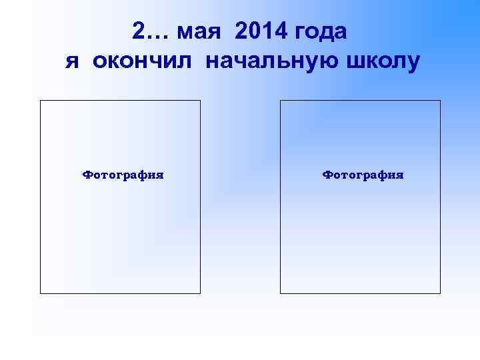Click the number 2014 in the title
tap(262, 31)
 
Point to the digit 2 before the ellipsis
tap(138, 31)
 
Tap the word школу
tap(381, 62)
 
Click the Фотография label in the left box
tap(123, 175)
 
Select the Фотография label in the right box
tap(363, 175)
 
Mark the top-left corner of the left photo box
tap(41, 101)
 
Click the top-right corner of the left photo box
tap(200, 101)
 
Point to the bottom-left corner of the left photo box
tap(41, 293)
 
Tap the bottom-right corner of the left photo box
tap(200, 293)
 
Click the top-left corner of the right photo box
tap(281, 101)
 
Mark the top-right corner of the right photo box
tap(440, 101)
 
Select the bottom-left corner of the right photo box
tap(281, 293)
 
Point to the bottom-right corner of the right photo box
tap(440, 293)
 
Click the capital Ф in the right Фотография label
tap(327, 175)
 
